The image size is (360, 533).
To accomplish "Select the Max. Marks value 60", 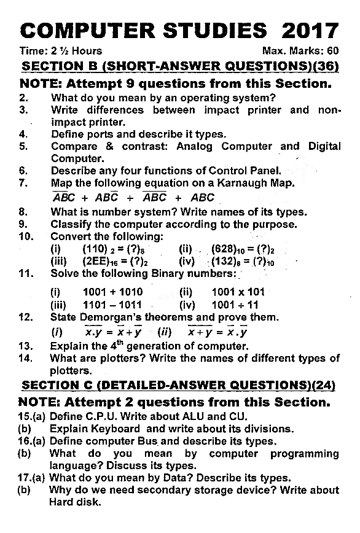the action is tap(332, 51).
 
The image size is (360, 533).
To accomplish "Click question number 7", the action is tap(23, 183).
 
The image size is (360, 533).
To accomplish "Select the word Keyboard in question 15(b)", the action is tap(117, 429).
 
